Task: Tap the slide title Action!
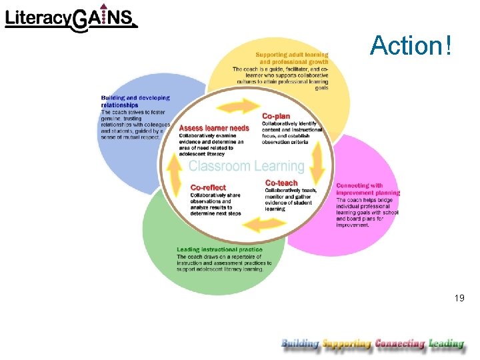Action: point(411,45)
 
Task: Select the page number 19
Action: point(459,298)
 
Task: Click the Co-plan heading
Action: point(276,115)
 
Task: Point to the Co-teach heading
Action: point(281,183)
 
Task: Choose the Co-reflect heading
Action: point(208,187)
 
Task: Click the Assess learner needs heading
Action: point(214,128)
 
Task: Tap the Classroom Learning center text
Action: point(246,166)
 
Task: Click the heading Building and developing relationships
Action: point(135,101)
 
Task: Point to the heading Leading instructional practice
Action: point(219,250)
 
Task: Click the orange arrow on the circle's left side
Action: point(175,173)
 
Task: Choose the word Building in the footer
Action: point(300,344)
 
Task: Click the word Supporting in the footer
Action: point(346,344)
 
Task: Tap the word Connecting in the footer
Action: point(399,344)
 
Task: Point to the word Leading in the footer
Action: point(446,344)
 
